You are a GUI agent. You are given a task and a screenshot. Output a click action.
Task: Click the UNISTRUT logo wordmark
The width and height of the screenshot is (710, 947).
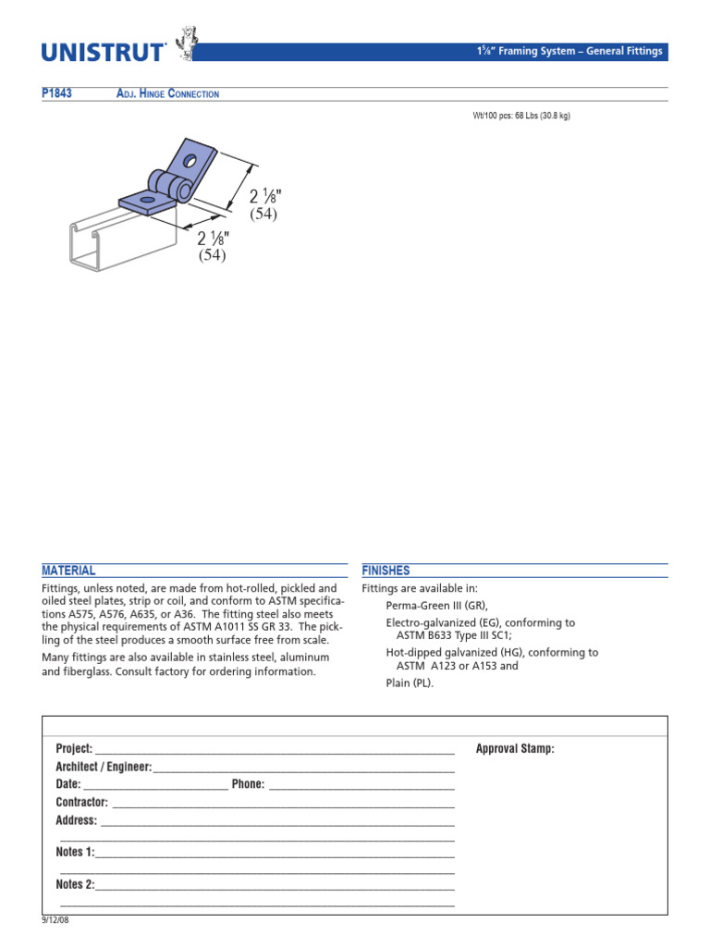[x=104, y=52]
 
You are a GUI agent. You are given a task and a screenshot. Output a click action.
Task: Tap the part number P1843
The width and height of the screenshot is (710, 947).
[x=57, y=94]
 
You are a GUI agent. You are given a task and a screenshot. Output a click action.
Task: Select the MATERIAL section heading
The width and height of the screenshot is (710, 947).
[x=68, y=571]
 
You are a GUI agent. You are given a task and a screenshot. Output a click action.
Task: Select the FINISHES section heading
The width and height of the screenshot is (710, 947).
[x=386, y=571]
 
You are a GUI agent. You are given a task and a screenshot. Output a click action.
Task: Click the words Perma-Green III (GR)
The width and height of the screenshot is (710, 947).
[x=435, y=605]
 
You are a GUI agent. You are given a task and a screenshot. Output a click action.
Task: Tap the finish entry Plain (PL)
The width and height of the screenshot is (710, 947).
[x=409, y=683]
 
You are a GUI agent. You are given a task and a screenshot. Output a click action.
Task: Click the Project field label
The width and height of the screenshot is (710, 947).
[x=74, y=748]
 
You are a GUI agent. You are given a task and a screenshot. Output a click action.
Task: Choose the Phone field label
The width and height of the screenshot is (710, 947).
[x=248, y=784]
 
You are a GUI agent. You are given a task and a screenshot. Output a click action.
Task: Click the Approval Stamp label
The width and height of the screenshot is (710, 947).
[x=514, y=748]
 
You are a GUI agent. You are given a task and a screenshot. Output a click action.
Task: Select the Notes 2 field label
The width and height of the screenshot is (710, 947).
[x=75, y=885]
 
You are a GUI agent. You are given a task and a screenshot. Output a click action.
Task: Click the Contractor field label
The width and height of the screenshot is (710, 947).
[x=81, y=802]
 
